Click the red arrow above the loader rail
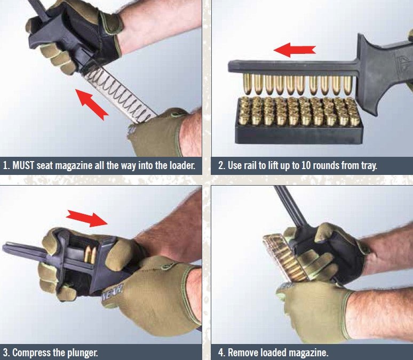pyautogui.click(x=295, y=51)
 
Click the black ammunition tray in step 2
pyautogui.click(x=299, y=133)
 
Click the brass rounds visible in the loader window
pyautogui.click(x=89, y=255)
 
